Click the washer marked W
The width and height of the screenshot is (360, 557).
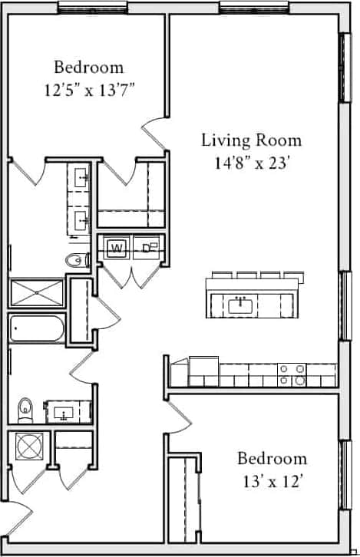click(x=117, y=248)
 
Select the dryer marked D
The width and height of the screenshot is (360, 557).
click(x=147, y=248)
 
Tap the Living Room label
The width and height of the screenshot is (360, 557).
click(x=251, y=140)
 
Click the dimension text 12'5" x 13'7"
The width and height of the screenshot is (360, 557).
click(x=88, y=89)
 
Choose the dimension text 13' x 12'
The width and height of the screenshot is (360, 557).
click(x=272, y=481)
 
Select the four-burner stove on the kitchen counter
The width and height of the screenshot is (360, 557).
click(x=292, y=374)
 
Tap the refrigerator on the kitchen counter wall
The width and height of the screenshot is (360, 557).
click(x=203, y=371)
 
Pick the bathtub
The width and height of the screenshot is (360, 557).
click(x=37, y=331)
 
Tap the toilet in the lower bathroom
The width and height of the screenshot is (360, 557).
click(x=25, y=410)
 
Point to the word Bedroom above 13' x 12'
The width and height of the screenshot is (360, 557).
click(x=272, y=459)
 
